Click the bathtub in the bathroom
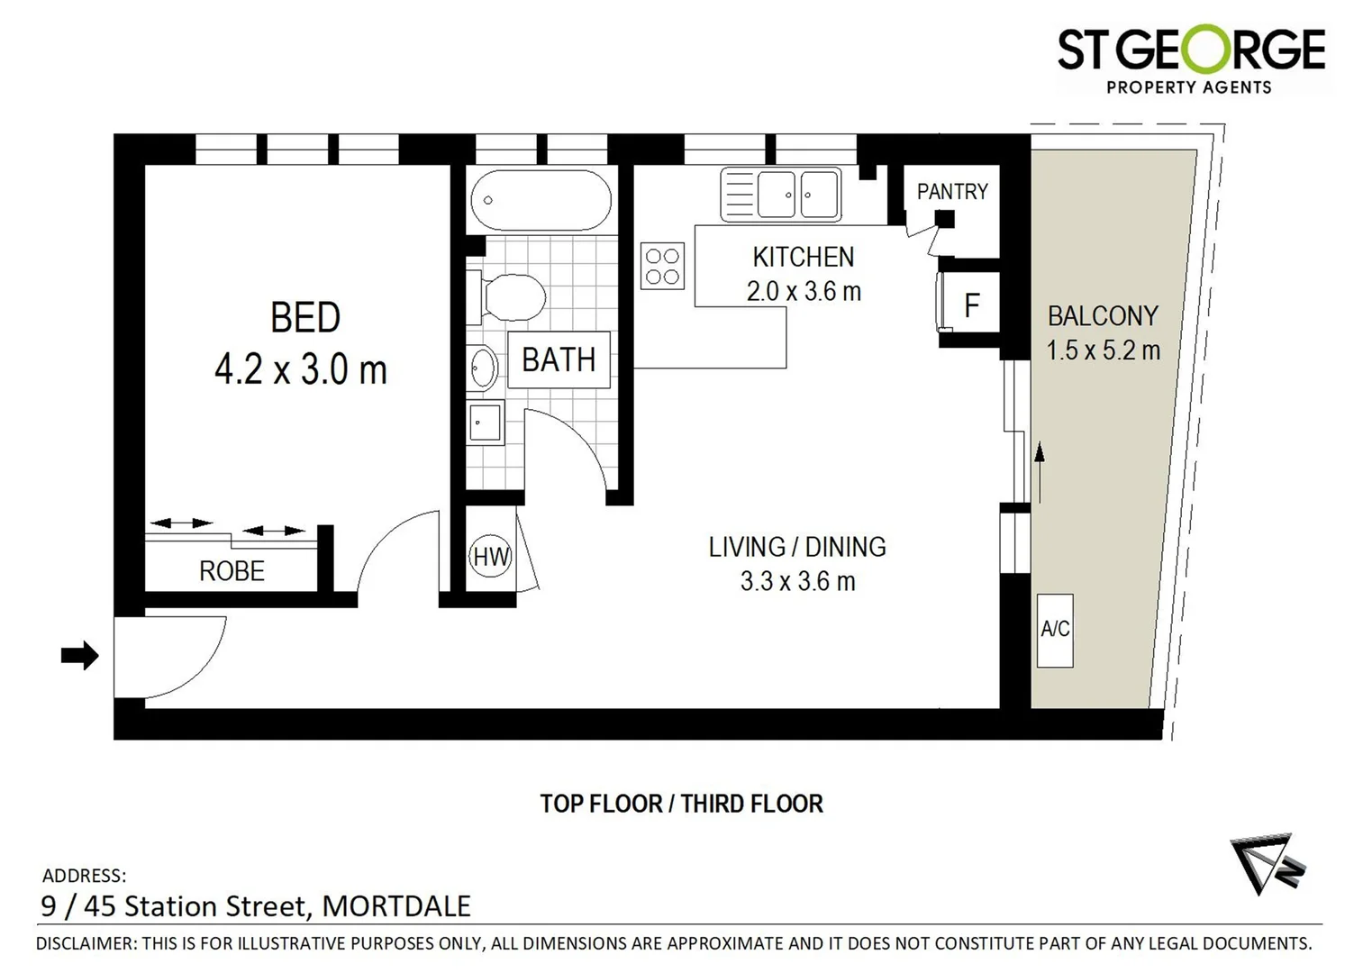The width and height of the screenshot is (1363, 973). click(541, 200)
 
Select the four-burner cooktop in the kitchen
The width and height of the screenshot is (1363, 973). click(662, 266)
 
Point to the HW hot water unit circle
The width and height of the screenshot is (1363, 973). click(491, 557)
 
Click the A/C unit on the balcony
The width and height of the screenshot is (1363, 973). click(1054, 630)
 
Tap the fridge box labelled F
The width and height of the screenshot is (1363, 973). click(971, 305)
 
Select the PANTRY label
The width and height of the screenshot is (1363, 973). click(952, 191)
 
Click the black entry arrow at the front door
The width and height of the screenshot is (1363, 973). click(79, 655)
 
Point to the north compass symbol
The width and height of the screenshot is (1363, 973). click(1266, 865)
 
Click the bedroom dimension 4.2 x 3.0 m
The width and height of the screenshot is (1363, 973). click(300, 370)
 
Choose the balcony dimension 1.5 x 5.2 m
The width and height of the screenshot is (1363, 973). click(1103, 350)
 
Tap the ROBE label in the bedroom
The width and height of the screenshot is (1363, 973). click(232, 571)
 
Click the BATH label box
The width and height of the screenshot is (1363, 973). click(559, 360)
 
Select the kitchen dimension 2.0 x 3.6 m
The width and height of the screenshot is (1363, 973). click(804, 292)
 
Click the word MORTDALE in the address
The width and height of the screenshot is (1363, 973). click(396, 906)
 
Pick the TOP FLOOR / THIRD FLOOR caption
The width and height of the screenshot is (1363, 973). click(681, 804)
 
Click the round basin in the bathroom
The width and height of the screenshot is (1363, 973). click(484, 368)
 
